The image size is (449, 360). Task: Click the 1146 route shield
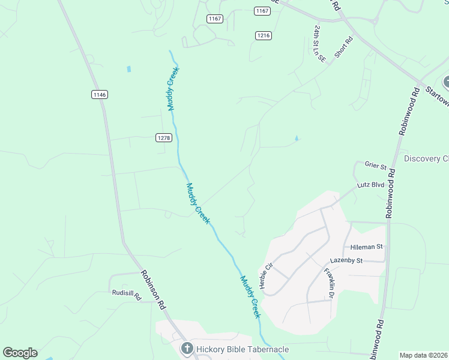point(100,94)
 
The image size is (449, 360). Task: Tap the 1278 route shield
point(164,137)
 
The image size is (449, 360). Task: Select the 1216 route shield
point(263,35)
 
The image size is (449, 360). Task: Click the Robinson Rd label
point(153,289)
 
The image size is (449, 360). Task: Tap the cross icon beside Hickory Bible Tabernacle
point(187,349)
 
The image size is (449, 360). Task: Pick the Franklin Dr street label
point(329,283)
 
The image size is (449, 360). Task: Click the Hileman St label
point(366,246)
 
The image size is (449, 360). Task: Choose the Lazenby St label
point(347,261)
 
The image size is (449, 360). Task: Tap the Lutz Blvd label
point(370,185)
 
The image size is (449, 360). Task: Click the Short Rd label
point(344,47)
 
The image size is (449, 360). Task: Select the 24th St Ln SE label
point(318,43)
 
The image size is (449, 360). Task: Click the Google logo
point(20,353)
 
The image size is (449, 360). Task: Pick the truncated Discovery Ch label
point(426,158)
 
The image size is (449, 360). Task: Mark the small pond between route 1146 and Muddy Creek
point(128,69)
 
